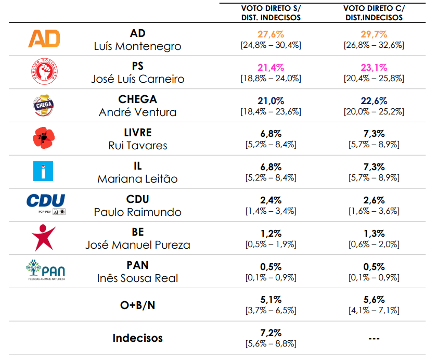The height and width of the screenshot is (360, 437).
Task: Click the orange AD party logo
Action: pyautogui.click(x=44, y=38)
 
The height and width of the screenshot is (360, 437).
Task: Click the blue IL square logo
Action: pyautogui.click(x=44, y=171)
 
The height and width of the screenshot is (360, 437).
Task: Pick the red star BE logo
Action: pyautogui.click(x=44, y=238)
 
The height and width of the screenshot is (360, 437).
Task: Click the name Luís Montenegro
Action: pyautogui.click(x=137, y=46)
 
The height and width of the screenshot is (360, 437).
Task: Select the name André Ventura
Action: pyautogui.click(x=137, y=112)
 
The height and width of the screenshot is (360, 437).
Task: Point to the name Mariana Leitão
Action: pyautogui.click(x=137, y=179)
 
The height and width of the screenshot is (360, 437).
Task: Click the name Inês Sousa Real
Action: pyautogui.click(x=137, y=278)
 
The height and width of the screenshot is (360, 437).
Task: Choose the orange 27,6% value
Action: pyautogui.click(x=271, y=34)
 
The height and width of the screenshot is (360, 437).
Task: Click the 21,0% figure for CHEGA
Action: pyautogui.click(x=271, y=101)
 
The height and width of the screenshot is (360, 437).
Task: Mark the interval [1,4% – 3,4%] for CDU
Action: pyautogui.click(x=271, y=211)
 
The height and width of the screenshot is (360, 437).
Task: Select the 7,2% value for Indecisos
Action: pyautogui.click(x=271, y=332)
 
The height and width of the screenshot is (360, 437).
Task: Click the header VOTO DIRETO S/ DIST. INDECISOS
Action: pyautogui.click(x=271, y=13)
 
